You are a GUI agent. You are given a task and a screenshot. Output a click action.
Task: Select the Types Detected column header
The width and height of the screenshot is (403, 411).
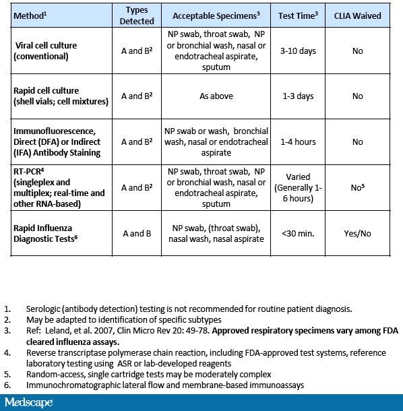(137, 14)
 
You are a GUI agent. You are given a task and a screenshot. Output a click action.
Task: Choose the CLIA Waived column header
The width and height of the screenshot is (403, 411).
(357, 14)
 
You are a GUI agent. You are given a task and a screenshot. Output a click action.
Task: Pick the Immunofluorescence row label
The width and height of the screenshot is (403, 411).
(57, 142)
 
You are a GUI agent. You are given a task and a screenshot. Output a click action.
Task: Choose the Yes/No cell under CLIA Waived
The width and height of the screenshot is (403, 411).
(357, 233)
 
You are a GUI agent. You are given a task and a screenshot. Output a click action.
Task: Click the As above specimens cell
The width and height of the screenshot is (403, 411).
(216, 96)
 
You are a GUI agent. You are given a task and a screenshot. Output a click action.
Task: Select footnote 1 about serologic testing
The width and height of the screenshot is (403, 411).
(189, 309)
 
